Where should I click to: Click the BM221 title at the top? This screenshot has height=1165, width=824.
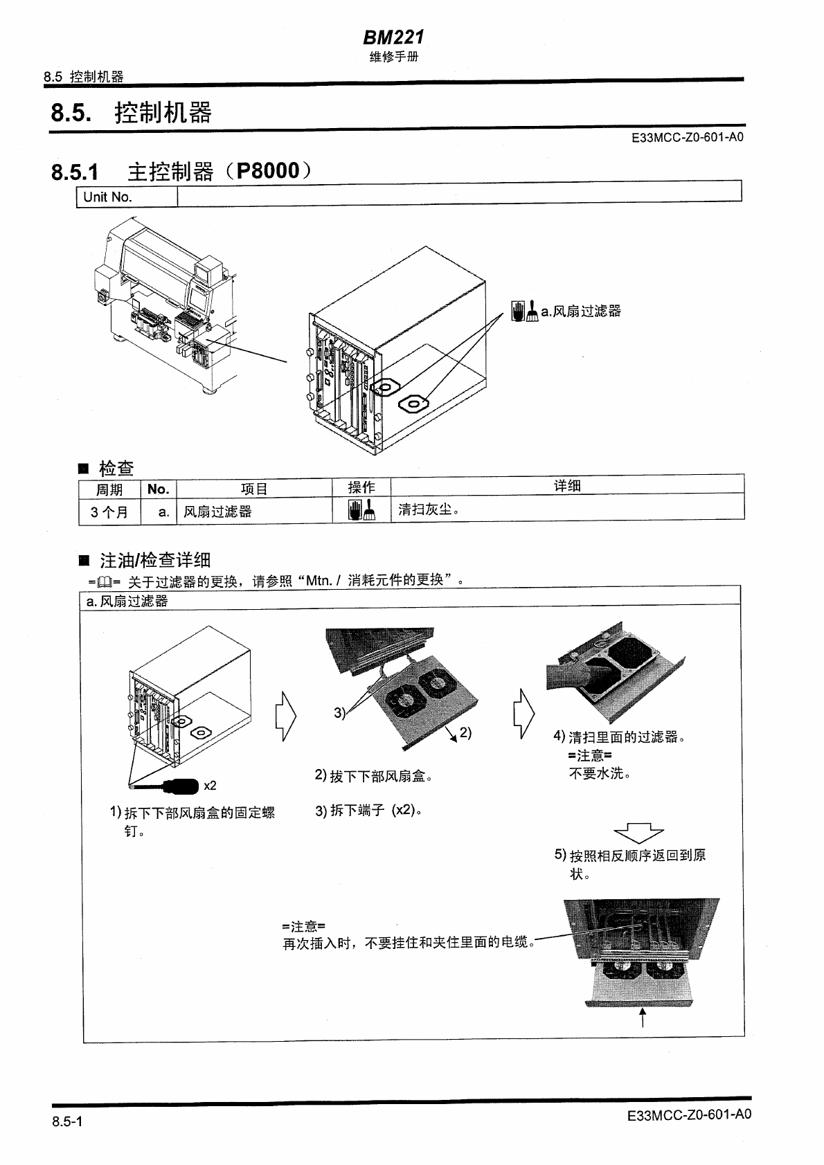[393, 36]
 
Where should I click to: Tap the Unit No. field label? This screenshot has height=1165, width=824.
[107, 197]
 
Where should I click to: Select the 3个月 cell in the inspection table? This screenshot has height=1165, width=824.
[109, 512]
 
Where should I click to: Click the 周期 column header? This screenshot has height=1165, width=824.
[109, 489]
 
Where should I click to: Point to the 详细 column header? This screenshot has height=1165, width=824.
[567, 486]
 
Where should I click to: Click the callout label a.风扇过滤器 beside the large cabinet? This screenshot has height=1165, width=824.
[580, 311]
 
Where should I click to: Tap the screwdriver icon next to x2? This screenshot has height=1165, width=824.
[180, 786]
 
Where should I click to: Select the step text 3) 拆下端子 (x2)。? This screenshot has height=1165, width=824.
[368, 810]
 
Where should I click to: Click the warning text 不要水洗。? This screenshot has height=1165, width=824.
[599, 773]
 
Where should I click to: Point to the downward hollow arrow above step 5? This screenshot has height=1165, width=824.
[638, 832]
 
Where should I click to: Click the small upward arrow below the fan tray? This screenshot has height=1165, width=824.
[643, 1018]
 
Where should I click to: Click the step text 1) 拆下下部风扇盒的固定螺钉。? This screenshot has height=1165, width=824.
[192, 821]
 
